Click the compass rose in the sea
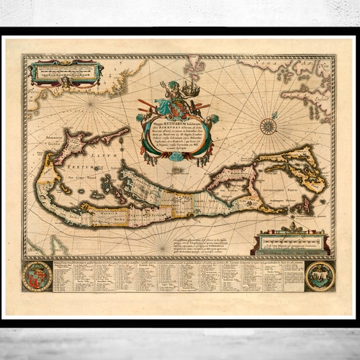pos(268,125)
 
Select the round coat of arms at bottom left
pos(37,276)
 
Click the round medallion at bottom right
pos(319,276)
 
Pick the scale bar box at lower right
pos(292,241)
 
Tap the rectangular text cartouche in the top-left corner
pos(64,72)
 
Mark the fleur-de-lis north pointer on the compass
pos(268,114)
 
